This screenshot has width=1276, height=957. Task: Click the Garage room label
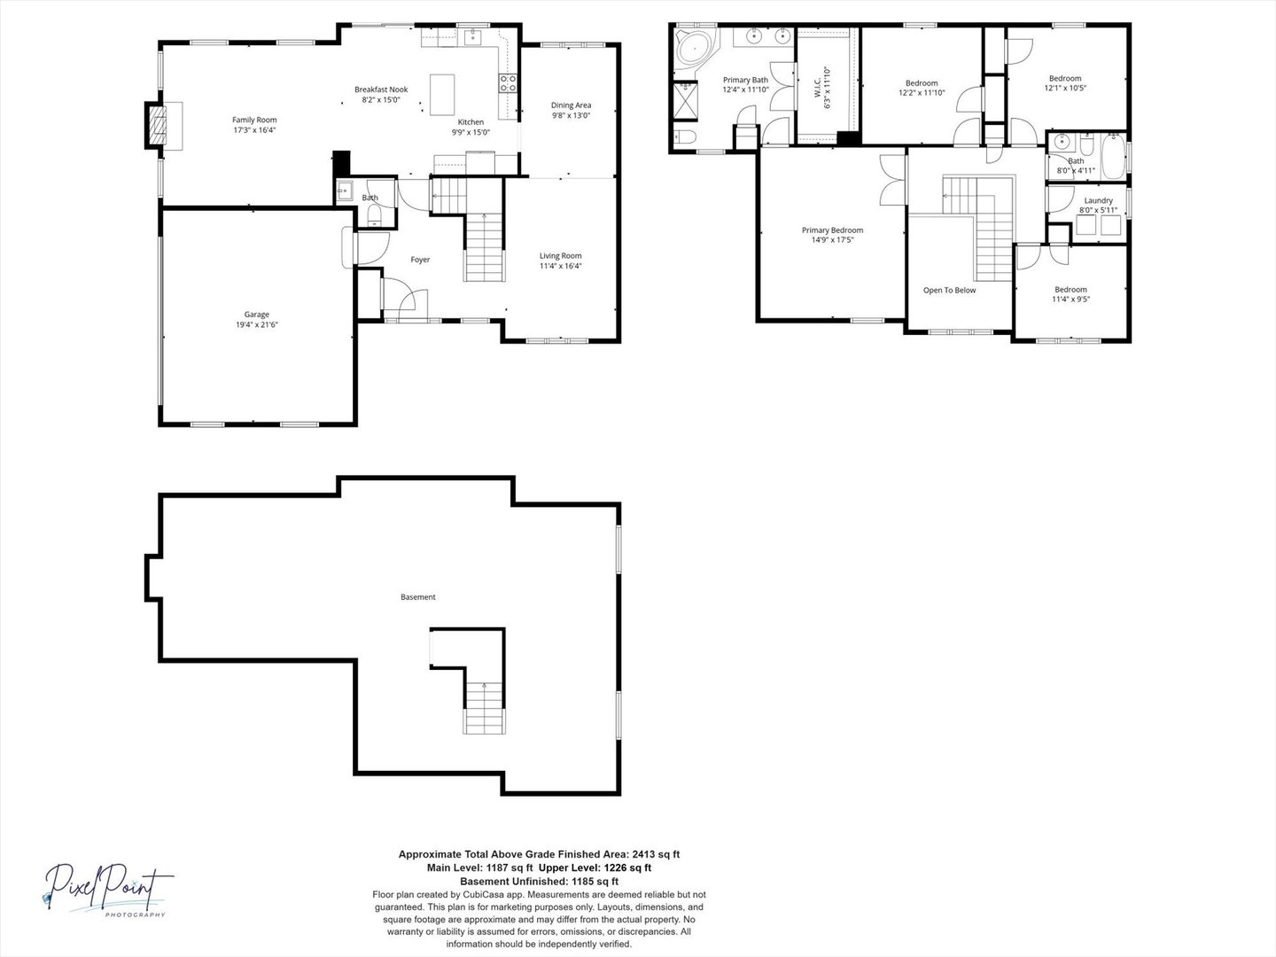(x=256, y=315)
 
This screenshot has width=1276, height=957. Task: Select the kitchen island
(x=442, y=95)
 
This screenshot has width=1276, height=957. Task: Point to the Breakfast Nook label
(x=381, y=89)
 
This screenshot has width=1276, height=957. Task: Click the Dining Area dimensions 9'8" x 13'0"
(x=571, y=115)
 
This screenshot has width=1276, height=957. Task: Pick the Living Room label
(x=560, y=256)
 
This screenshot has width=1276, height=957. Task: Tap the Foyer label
(x=420, y=260)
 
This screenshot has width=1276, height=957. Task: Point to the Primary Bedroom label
(x=832, y=230)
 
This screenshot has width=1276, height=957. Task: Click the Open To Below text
(x=949, y=290)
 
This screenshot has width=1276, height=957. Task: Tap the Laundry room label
(x=1098, y=200)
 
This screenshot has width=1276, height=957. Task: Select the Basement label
(x=418, y=596)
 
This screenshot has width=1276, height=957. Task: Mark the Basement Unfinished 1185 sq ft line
(x=539, y=881)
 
